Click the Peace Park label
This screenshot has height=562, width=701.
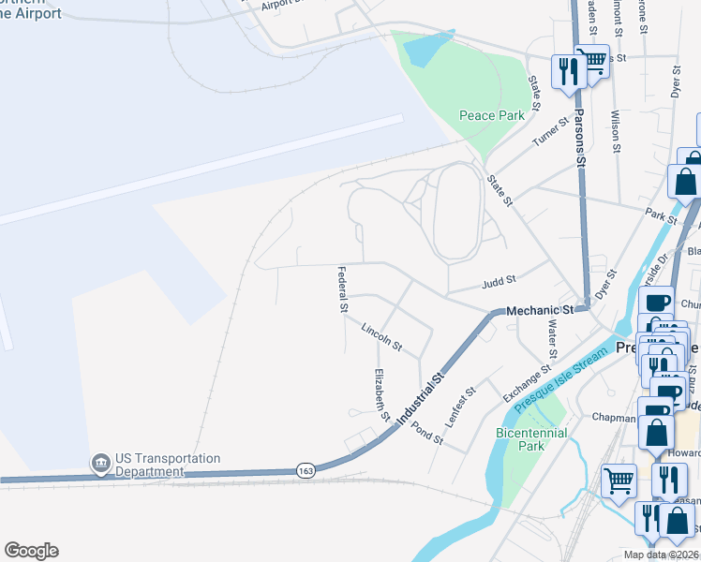click(491, 116)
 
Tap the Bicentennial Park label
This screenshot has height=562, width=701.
click(518, 439)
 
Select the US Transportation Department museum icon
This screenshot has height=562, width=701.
click(100, 463)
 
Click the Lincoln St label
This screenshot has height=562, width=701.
click(381, 337)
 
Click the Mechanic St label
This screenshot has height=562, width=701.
click(539, 310)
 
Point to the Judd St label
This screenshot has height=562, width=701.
click(498, 279)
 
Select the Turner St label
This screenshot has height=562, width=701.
click(550, 132)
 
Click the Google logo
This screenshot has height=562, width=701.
click(31, 551)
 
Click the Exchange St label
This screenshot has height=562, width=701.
click(526, 380)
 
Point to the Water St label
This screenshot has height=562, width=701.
click(552, 338)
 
